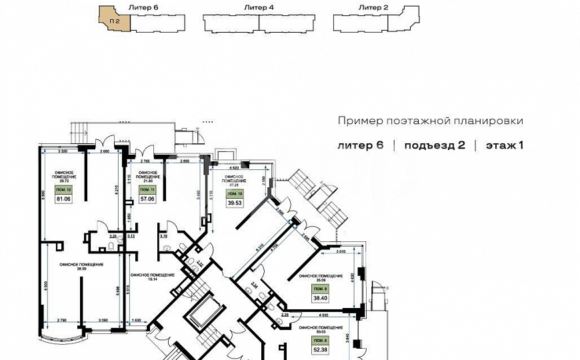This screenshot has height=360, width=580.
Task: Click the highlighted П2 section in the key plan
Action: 115,20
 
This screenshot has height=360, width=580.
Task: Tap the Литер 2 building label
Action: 373,7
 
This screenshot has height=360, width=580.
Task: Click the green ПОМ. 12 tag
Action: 63,190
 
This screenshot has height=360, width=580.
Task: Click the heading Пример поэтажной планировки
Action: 430,121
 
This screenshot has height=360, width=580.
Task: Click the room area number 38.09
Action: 81,269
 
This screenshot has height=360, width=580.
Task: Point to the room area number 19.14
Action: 143,279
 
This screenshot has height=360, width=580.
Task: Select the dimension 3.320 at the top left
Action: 63,153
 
